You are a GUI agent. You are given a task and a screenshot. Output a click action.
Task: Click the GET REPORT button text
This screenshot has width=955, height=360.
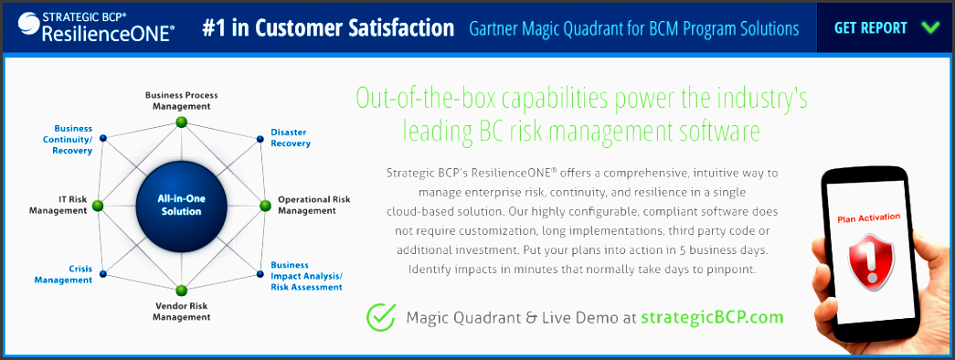870,28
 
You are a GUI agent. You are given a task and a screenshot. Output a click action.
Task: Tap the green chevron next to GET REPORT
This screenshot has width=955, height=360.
930,28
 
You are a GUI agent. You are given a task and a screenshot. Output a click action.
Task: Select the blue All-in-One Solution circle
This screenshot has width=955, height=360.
182,206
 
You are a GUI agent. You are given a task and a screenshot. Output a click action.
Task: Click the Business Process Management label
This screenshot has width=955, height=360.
182,101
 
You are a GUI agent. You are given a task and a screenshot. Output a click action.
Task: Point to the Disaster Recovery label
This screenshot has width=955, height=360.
291,138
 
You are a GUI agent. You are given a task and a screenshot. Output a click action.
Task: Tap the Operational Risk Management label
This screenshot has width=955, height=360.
314,205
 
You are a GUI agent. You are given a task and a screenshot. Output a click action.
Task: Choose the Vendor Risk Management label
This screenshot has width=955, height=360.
182,312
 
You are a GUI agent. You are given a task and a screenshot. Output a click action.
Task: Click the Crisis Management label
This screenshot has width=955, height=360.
63,274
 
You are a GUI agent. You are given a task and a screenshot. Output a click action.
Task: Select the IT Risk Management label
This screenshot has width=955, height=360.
58,205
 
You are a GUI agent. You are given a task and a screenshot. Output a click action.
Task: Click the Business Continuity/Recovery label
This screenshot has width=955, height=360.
72,140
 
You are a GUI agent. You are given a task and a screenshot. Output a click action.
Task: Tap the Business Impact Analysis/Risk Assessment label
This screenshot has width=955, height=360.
306,276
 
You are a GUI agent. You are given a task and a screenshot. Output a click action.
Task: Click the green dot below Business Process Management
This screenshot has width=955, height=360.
181,122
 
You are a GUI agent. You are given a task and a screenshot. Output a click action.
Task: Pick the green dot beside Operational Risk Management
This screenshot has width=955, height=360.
265,206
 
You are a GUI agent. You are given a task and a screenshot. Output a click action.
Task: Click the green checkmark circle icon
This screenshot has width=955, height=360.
381,317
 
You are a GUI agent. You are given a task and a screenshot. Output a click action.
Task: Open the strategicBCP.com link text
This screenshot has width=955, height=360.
712,317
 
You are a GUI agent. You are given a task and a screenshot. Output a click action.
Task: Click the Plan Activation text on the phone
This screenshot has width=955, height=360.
869,217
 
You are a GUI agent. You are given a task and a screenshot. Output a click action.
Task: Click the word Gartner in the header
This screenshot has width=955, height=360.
492,28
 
